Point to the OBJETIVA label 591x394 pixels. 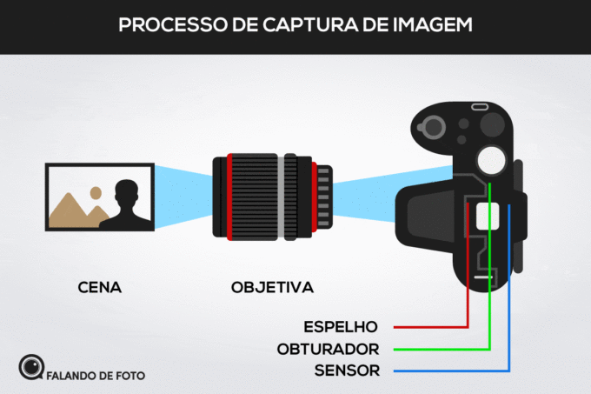tap(272, 286)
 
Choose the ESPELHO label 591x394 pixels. tap(341, 328)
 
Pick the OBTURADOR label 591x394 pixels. tap(328, 350)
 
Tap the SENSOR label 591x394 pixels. tap(346, 371)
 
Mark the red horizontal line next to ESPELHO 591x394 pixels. tap(430, 328)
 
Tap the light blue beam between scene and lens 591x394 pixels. tap(185, 197)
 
